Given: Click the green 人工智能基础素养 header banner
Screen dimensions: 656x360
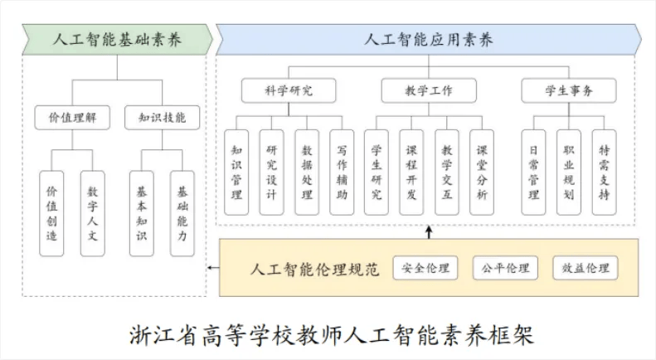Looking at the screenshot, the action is (117, 39).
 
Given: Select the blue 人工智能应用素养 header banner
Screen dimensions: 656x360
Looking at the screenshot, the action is (429, 39).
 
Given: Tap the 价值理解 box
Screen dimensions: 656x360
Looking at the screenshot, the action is (72, 118).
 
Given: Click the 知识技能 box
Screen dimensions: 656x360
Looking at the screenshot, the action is (163, 118).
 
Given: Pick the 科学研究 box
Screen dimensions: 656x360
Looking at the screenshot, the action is (289, 90).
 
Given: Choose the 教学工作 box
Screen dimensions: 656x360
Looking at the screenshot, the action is (429, 90).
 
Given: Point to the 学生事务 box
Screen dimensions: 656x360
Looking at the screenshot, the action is (569, 90).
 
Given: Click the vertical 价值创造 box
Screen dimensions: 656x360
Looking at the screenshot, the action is (51, 213).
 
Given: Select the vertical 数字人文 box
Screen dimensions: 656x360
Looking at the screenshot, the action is (92, 213).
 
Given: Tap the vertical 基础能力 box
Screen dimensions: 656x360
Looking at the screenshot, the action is (182, 213).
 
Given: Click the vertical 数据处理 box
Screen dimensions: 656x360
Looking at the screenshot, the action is (307, 173).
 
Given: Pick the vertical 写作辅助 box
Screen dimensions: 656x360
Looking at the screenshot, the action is (342, 173).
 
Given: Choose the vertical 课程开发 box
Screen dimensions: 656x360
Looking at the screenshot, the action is (411, 173).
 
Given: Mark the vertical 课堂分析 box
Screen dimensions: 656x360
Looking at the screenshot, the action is (482, 173).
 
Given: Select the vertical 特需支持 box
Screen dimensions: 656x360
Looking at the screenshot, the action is (604, 173).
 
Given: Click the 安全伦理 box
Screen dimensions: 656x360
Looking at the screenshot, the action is (425, 268).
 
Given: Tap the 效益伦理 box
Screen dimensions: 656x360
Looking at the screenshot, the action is (586, 268).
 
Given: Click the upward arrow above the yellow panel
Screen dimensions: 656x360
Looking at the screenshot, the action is (429, 232).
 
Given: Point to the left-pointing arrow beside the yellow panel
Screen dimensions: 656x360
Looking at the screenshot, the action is (213, 268).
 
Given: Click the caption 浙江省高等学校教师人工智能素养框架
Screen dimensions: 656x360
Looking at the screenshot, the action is (332, 335).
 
